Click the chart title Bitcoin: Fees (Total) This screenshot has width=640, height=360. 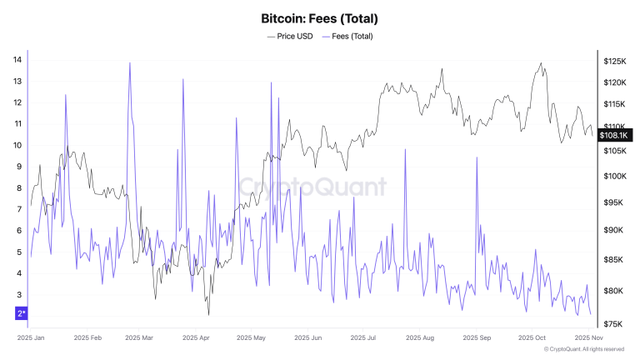[x=320, y=17]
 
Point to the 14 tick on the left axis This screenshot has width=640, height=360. [x=17, y=60]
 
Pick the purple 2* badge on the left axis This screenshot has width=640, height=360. [x=22, y=313]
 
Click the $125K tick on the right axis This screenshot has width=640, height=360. [x=615, y=62]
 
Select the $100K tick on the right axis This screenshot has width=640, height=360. [x=615, y=177]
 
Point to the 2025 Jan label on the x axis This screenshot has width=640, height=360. [x=31, y=338]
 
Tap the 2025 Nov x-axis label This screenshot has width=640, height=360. [x=588, y=338]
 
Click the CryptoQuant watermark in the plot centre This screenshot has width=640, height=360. [x=312, y=187]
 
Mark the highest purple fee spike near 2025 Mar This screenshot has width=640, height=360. [x=130, y=63]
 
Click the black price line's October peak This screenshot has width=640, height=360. [x=542, y=63]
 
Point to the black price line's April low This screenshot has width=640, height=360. [x=208, y=314]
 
